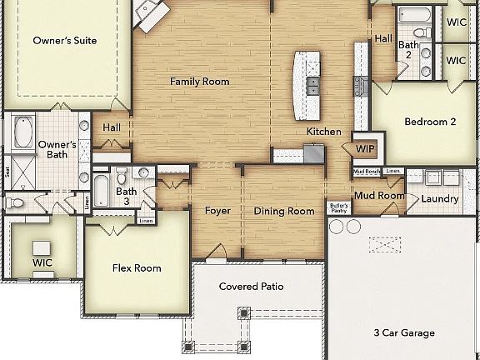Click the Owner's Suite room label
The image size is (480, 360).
[64, 40]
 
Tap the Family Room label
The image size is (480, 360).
[199, 82]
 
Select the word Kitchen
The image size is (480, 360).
[323, 132]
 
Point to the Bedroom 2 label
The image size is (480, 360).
[429, 122]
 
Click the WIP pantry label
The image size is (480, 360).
[365, 148]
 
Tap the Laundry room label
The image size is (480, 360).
[439, 199]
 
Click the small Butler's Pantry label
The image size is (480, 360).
[337, 208]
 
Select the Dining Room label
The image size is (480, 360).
[284, 211]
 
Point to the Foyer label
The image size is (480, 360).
[217, 211]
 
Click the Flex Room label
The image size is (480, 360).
[137, 267]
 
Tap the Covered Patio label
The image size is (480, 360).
[251, 287]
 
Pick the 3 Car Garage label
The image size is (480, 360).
[403, 332]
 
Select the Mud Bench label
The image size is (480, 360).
[367, 172]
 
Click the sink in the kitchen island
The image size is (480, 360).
[313, 84]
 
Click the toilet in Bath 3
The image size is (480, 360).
[122, 176]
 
